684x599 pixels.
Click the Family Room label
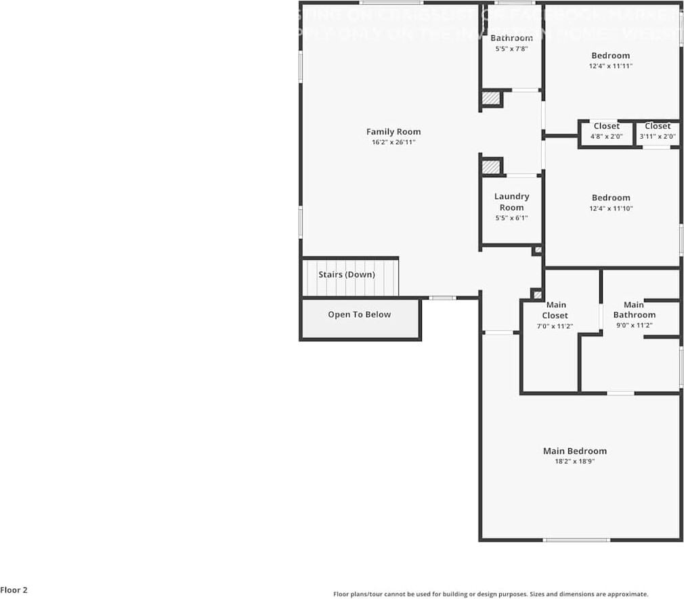[x=393, y=132]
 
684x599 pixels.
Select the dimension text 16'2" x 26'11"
[x=393, y=143]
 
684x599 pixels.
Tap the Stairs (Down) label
[x=346, y=275]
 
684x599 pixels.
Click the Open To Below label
[x=359, y=315]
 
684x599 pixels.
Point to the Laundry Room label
[x=511, y=202]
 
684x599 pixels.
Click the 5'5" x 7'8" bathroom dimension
[x=511, y=49]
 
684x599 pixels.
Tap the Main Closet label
[x=555, y=310]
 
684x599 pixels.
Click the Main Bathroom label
[x=634, y=310]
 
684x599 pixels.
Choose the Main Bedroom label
[x=574, y=451]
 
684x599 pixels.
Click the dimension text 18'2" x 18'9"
[x=574, y=462]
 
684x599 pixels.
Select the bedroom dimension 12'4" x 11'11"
[x=610, y=66]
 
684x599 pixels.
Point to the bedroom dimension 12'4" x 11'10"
[x=610, y=208]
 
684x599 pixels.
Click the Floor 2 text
[x=14, y=590]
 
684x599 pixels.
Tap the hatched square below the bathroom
[x=490, y=99]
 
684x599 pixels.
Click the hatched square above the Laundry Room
[x=490, y=167]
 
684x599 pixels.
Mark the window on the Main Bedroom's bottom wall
[x=576, y=540]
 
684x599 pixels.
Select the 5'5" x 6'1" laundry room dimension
[x=511, y=218]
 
